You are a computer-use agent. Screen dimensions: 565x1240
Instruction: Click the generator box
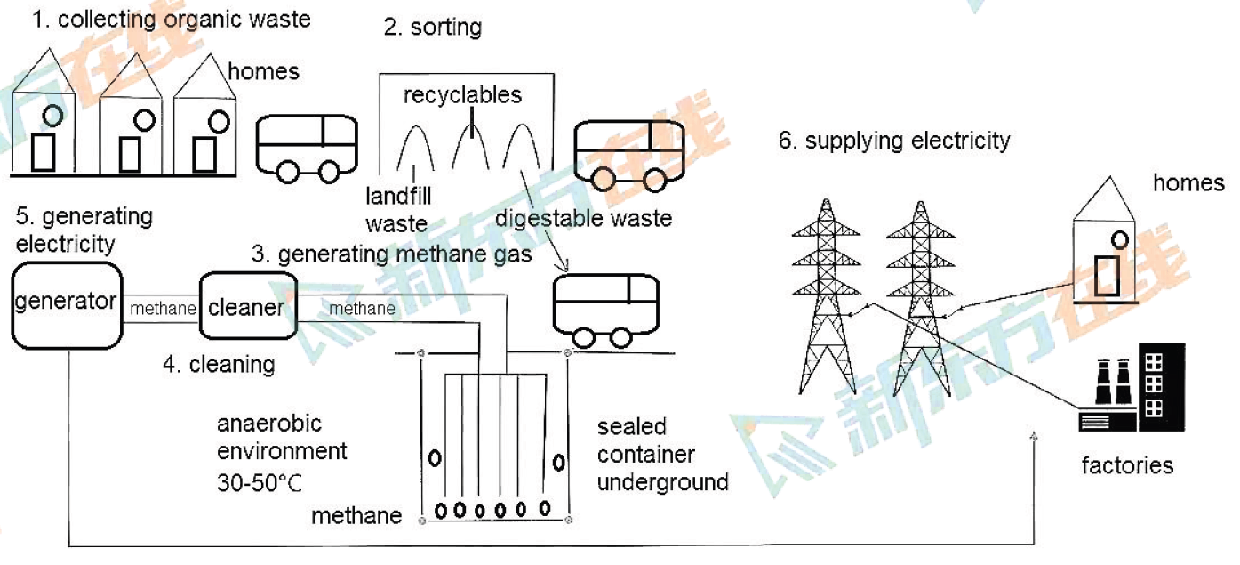66,303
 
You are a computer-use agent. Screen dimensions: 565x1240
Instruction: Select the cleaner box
247,307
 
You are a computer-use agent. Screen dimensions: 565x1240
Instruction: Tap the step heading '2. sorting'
432,27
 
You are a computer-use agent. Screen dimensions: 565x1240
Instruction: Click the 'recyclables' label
462,94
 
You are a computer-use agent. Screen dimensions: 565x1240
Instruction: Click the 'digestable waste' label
583,217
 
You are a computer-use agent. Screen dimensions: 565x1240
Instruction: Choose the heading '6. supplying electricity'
894,141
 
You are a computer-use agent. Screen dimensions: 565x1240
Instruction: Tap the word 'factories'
1127,464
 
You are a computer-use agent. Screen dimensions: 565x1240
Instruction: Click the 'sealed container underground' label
662,455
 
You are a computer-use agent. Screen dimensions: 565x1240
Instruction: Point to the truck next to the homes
308,146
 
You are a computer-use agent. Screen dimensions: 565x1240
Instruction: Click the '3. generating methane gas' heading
392,255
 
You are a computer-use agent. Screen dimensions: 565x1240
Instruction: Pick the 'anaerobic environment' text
281,436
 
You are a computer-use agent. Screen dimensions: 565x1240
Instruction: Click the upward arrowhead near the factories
1035,436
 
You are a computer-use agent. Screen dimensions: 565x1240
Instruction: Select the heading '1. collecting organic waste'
172,19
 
